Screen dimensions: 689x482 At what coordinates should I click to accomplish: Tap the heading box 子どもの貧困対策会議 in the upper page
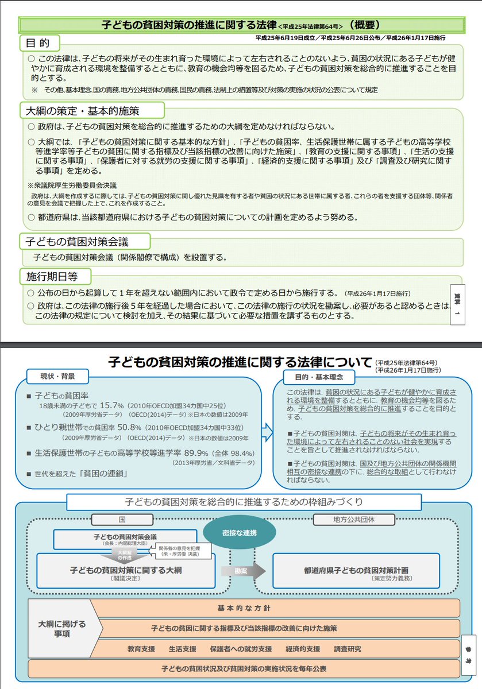click(x=77, y=240)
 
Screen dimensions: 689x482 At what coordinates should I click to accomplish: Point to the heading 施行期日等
click(x=52, y=276)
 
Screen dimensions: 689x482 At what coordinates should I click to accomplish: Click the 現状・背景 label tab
click(x=57, y=377)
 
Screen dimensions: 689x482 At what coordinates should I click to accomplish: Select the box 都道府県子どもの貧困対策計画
click(x=356, y=571)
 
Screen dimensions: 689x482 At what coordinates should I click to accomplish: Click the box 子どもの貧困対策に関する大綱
click(x=126, y=571)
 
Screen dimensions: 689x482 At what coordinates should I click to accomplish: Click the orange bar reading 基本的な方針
click(x=275, y=607)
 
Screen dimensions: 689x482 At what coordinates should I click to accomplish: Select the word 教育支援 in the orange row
click(x=141, y=649)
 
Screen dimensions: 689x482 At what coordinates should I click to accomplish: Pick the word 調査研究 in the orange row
click(x=348, y=649)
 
